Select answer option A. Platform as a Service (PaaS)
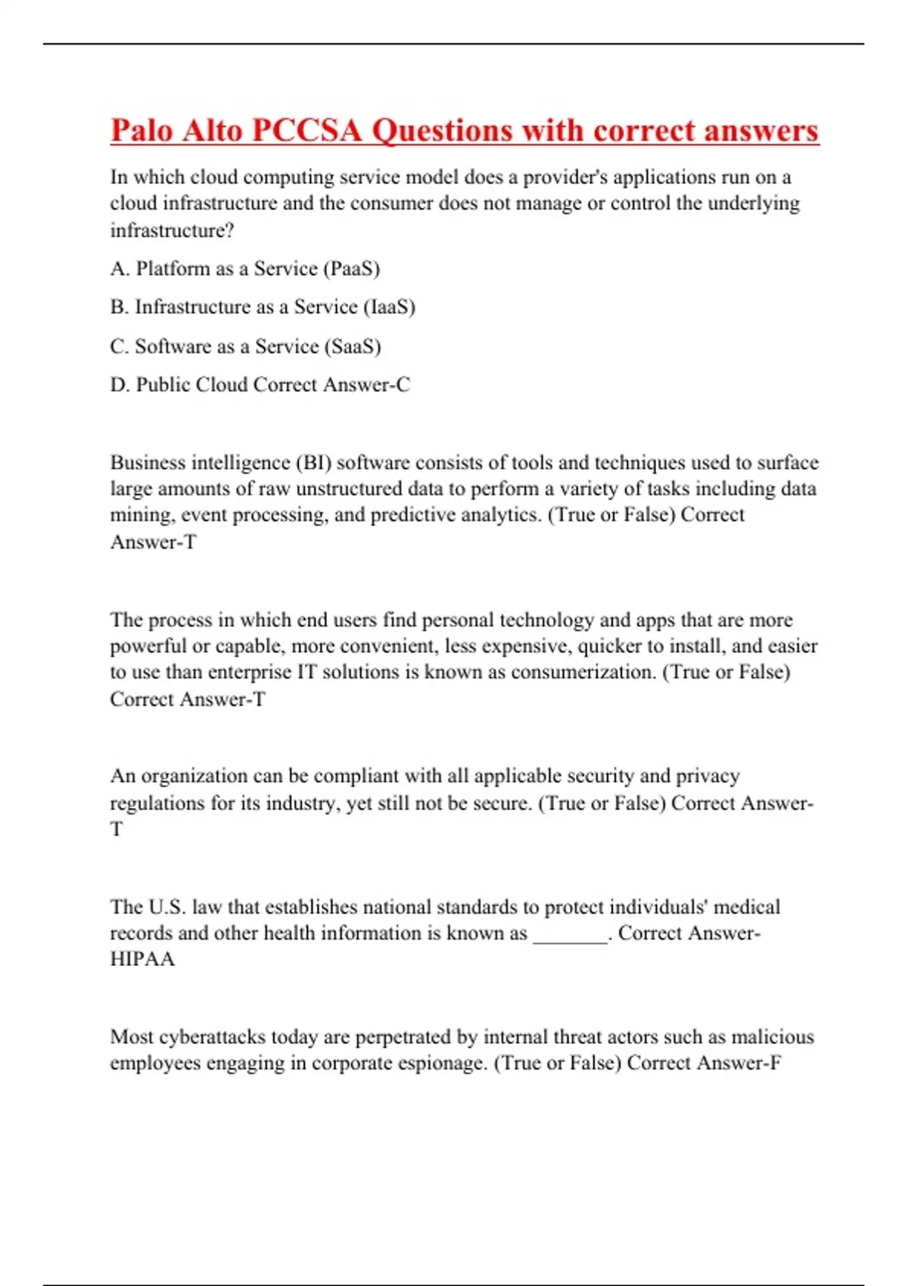click(245, 269)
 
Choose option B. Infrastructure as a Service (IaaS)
click(263, 307)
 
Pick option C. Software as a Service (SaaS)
click(245, 346)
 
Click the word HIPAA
click(142, 959)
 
